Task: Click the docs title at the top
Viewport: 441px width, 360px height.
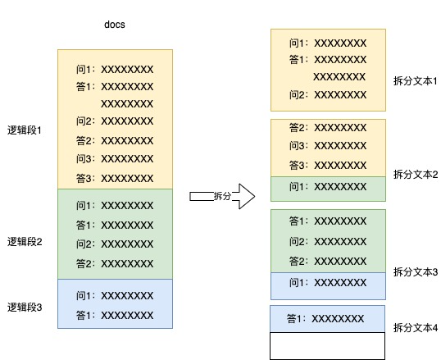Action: click(115, 25)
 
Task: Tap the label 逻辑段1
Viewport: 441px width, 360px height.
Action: click(25, 130)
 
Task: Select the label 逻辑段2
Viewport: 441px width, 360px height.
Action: click(25, 241)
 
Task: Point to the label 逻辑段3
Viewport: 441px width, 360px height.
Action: click(25, 307)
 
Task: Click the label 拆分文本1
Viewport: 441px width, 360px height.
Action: click(416, 81)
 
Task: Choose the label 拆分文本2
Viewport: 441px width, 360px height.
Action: click(416, 175)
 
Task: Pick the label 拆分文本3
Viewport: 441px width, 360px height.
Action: click(416, 272)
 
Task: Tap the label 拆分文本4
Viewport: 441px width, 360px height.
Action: click(416, 328)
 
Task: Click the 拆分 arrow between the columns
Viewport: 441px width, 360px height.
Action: click(222, 196)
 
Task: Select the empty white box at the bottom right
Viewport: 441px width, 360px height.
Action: click(327, 346)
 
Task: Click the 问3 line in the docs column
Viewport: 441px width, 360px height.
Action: click(115, 159)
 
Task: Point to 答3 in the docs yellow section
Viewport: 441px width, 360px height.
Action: click(115, 179)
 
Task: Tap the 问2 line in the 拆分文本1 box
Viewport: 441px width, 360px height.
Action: click(328, 95)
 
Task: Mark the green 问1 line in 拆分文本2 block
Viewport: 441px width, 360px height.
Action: click(328, 187)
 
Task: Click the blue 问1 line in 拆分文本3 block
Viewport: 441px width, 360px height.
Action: click(328, 283)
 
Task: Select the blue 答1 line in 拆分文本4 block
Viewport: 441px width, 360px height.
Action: click(325, 319)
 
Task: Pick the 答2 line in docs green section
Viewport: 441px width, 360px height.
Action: click(115, 264)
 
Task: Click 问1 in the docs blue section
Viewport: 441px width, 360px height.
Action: click(115, 296)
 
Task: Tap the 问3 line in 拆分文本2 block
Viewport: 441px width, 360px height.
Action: click(328, 146)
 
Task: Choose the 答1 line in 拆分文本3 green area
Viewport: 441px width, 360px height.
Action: click(328, 221)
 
